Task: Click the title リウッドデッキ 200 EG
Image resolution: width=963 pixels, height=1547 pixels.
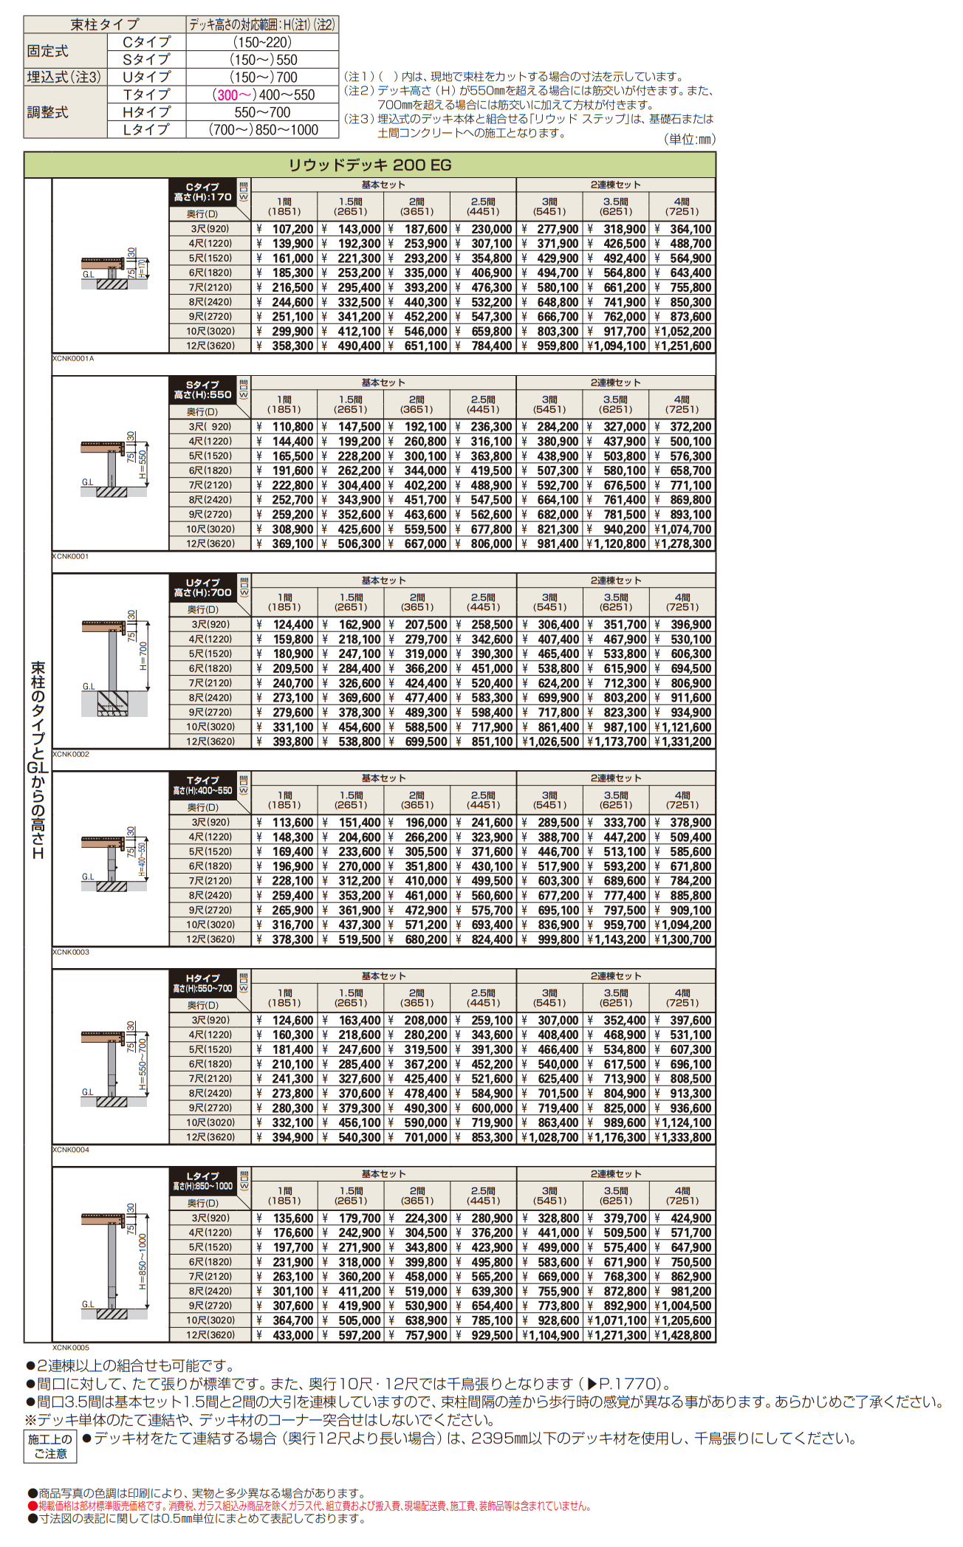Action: pos(369,165)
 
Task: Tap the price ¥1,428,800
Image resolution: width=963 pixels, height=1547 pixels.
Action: pos(683,1335)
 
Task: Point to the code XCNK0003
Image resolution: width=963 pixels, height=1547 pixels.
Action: pos(71,952)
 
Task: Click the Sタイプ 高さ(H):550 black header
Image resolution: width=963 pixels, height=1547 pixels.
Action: pos(202,390)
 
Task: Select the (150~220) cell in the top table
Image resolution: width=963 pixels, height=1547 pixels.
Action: pos(262,42)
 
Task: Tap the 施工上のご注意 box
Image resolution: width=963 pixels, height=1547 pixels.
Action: pos(50,1446)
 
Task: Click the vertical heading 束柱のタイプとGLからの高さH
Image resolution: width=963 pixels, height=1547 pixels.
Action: pos(38,761)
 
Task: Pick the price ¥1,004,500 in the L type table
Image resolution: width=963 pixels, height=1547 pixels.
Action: pos(683,1306)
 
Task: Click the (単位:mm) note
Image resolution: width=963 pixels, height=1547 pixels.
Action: pos(689,140)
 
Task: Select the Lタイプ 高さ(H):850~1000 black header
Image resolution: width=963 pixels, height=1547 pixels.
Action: pos(202,1181)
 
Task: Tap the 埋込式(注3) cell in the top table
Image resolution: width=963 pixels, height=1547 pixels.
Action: pos(64,77)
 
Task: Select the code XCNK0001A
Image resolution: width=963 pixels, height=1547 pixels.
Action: pos(73,358)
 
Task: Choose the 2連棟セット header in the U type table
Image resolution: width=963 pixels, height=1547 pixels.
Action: pos(615,580)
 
